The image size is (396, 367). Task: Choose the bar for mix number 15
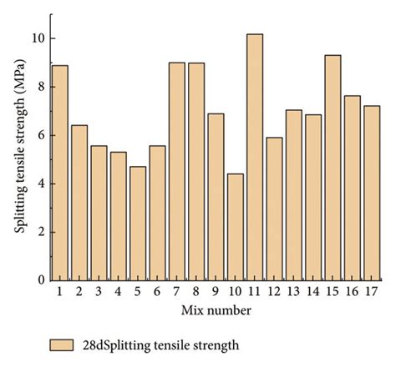click(333, 168)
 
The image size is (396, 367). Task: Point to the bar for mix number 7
click(176, 171)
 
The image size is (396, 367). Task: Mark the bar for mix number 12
click(274, 209)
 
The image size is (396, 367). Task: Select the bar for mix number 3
click(99, 213)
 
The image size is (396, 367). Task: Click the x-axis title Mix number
click(216, 310)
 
